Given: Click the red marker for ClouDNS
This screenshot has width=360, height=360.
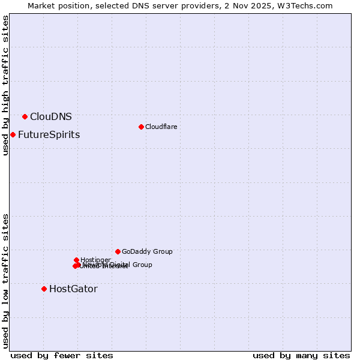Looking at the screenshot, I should click(25, 116).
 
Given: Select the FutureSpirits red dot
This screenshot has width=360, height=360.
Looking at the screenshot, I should click(13, 134).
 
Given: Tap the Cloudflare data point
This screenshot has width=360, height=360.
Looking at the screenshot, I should click(141, 127).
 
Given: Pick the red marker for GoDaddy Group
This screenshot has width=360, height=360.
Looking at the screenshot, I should click(118, 251).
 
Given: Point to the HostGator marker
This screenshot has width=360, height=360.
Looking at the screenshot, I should click(44, 289).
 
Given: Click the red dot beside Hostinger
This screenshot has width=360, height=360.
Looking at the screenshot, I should click(76, 260).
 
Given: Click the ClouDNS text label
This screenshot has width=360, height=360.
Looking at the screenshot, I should click(51, 116).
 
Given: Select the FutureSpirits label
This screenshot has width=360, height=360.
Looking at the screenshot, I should click(49, 134).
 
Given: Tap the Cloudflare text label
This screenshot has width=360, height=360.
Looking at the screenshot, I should click(161, 127).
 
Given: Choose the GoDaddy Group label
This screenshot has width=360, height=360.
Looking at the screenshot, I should click(147, 251).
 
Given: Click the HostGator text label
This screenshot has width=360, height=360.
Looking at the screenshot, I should click(73, 289).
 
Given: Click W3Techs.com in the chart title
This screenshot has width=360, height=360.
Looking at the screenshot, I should click(305, 5).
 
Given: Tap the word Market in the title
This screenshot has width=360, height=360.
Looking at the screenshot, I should click(42, 5).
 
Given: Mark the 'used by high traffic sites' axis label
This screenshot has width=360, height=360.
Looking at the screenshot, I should click(5, 85).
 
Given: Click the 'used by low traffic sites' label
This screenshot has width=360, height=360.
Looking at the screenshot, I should click(5, 281).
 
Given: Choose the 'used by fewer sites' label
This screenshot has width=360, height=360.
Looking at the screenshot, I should click(62, 355).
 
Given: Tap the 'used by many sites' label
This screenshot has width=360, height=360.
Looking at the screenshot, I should click(301, 355).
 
